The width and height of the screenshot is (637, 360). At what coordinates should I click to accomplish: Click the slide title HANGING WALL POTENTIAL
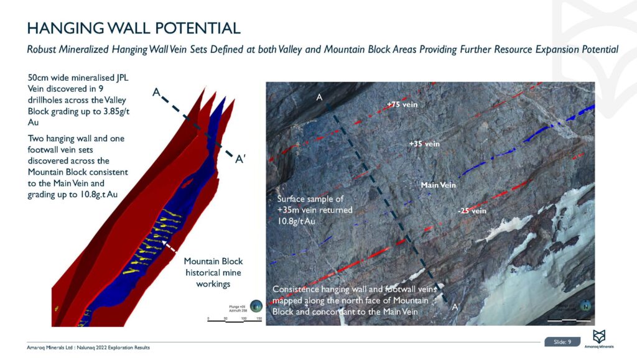coord(133,28)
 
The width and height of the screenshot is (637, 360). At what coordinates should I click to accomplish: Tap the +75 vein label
coord(402,105)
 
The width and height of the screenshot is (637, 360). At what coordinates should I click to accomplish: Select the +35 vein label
coord(424,144)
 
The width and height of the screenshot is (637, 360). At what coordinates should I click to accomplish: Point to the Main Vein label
coord(438,185)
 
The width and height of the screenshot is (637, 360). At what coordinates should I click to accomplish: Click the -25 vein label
coord(471,211)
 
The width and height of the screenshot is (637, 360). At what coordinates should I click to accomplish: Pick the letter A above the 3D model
coord(157,93)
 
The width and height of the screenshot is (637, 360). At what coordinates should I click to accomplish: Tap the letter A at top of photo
coord(319,98)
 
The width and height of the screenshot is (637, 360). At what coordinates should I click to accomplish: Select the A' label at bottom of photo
coord(456,307)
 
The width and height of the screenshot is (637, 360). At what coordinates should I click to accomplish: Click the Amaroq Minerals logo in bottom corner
coord(600,339)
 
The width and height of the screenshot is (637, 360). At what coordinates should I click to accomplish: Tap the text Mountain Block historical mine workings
coord(213,272)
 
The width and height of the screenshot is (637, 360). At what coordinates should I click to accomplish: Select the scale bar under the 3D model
coord(235,318)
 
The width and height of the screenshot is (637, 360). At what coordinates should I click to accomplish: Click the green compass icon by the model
coord(258,307)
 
